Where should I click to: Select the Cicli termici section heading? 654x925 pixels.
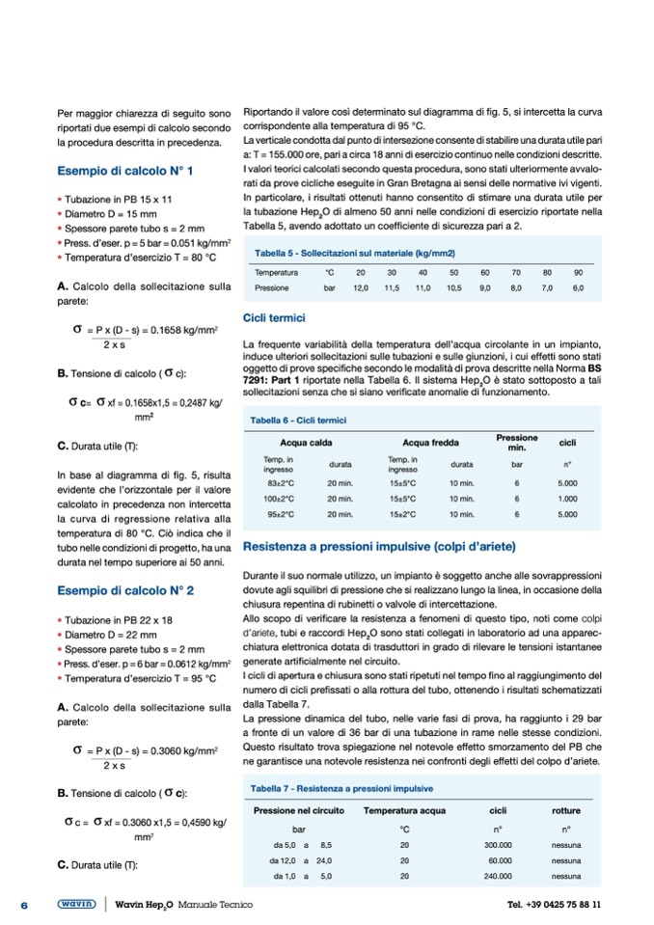(x=275, y=318)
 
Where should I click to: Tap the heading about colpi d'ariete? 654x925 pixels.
(x=405, y=547)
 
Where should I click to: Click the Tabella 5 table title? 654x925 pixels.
(x=353, y=253)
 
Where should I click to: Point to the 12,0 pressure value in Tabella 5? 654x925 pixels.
(x=361, y=288)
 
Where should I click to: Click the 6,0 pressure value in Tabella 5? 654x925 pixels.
(x=578, y=288)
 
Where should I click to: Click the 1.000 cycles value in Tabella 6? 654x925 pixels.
(x=567, y=499)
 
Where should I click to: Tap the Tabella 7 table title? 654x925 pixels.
(x=341, y=788)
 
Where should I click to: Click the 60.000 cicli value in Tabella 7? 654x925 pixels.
(x=500, y=860)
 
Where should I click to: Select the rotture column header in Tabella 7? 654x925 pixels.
(x=565, y=810)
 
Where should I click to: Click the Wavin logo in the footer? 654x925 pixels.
(x=76, y=904)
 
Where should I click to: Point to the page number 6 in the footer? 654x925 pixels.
(x=26, y=905)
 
